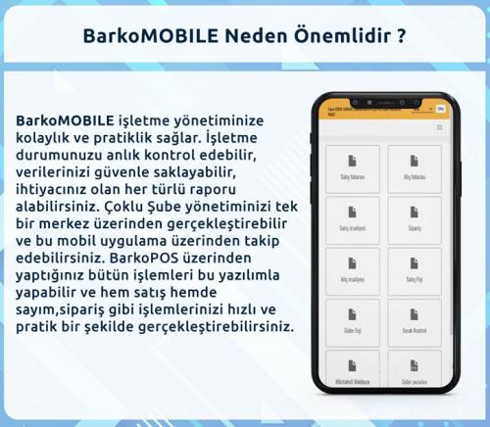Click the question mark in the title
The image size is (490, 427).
pos(402,35)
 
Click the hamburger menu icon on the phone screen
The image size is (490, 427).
pos(439,127)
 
